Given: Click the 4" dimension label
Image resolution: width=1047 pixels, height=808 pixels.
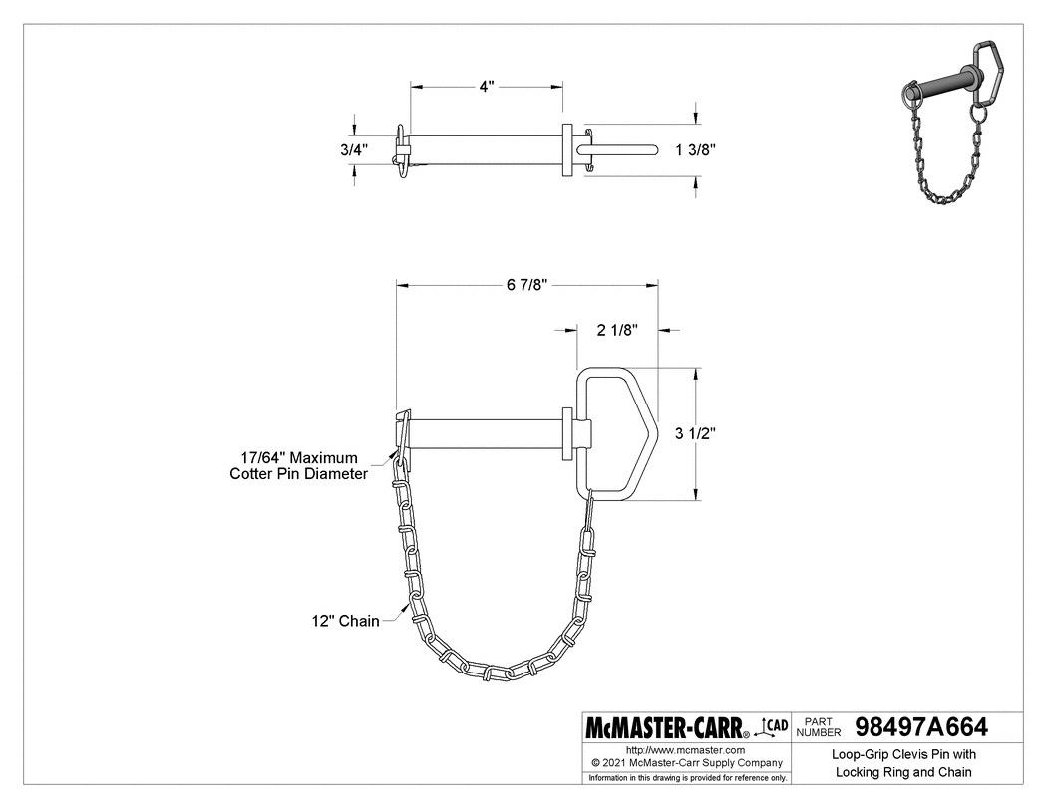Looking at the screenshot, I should (x=487, y=87).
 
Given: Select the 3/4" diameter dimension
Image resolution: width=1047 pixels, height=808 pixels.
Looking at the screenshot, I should (x=352, y=149).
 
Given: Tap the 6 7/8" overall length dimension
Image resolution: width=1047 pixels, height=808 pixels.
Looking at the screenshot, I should (x=526, y=285).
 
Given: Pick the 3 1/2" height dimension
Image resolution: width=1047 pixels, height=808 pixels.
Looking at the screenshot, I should (x=698, y=433).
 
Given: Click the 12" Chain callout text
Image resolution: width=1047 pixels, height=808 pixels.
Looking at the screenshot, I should (x=345, y=621).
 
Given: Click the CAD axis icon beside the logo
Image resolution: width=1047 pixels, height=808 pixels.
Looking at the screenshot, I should (x=775, y=726).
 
